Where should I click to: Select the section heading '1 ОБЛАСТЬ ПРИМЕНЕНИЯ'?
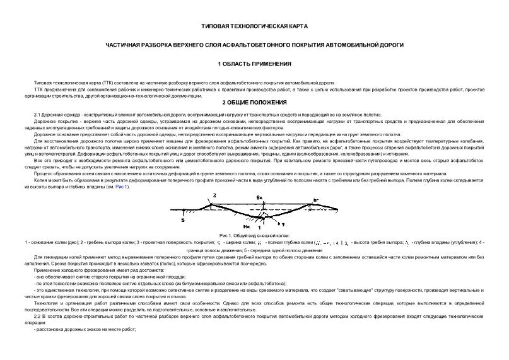point(254,64)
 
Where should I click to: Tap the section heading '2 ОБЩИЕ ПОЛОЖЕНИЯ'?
point(254,102)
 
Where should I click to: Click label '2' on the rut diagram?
point(214,196)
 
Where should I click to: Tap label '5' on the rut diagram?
point(183,220)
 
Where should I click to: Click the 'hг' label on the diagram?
point(315,199)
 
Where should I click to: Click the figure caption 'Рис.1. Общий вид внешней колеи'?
point(254,234)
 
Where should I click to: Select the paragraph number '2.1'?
point(37,114)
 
